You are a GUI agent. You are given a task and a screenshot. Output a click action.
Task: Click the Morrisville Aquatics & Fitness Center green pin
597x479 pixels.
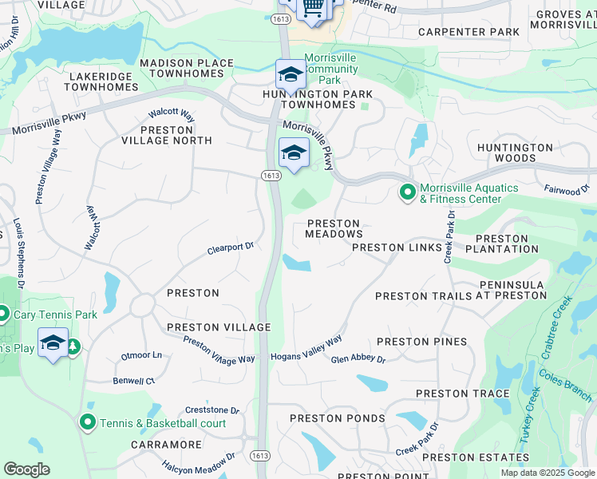coord(407,192)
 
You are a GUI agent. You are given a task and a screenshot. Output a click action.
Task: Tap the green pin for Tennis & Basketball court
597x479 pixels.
coord(88,422)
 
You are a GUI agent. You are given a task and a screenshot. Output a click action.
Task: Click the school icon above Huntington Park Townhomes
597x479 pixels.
coord(291,74)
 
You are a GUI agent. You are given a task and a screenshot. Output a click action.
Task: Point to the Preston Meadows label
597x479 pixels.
coord(334,229)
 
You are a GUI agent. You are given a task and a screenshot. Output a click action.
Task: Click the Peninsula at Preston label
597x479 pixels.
coord(512,290)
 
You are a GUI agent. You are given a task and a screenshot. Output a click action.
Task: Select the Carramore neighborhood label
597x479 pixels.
coord(167,444)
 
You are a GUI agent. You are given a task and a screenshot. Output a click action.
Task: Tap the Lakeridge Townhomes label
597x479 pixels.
coord(105,83)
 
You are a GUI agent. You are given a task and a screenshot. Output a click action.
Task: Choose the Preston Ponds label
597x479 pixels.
coord(337,418)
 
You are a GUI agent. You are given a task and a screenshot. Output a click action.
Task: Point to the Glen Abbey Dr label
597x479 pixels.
coord(358,359)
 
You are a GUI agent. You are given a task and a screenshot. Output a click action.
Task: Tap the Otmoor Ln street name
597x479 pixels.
coord(140,355)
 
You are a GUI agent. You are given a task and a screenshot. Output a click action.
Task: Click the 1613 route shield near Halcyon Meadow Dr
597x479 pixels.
coord(264,454)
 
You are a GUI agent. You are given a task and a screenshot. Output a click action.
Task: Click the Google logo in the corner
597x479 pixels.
coord(26,469)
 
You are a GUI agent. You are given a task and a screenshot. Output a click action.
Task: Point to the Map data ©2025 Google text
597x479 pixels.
coord(547,473)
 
